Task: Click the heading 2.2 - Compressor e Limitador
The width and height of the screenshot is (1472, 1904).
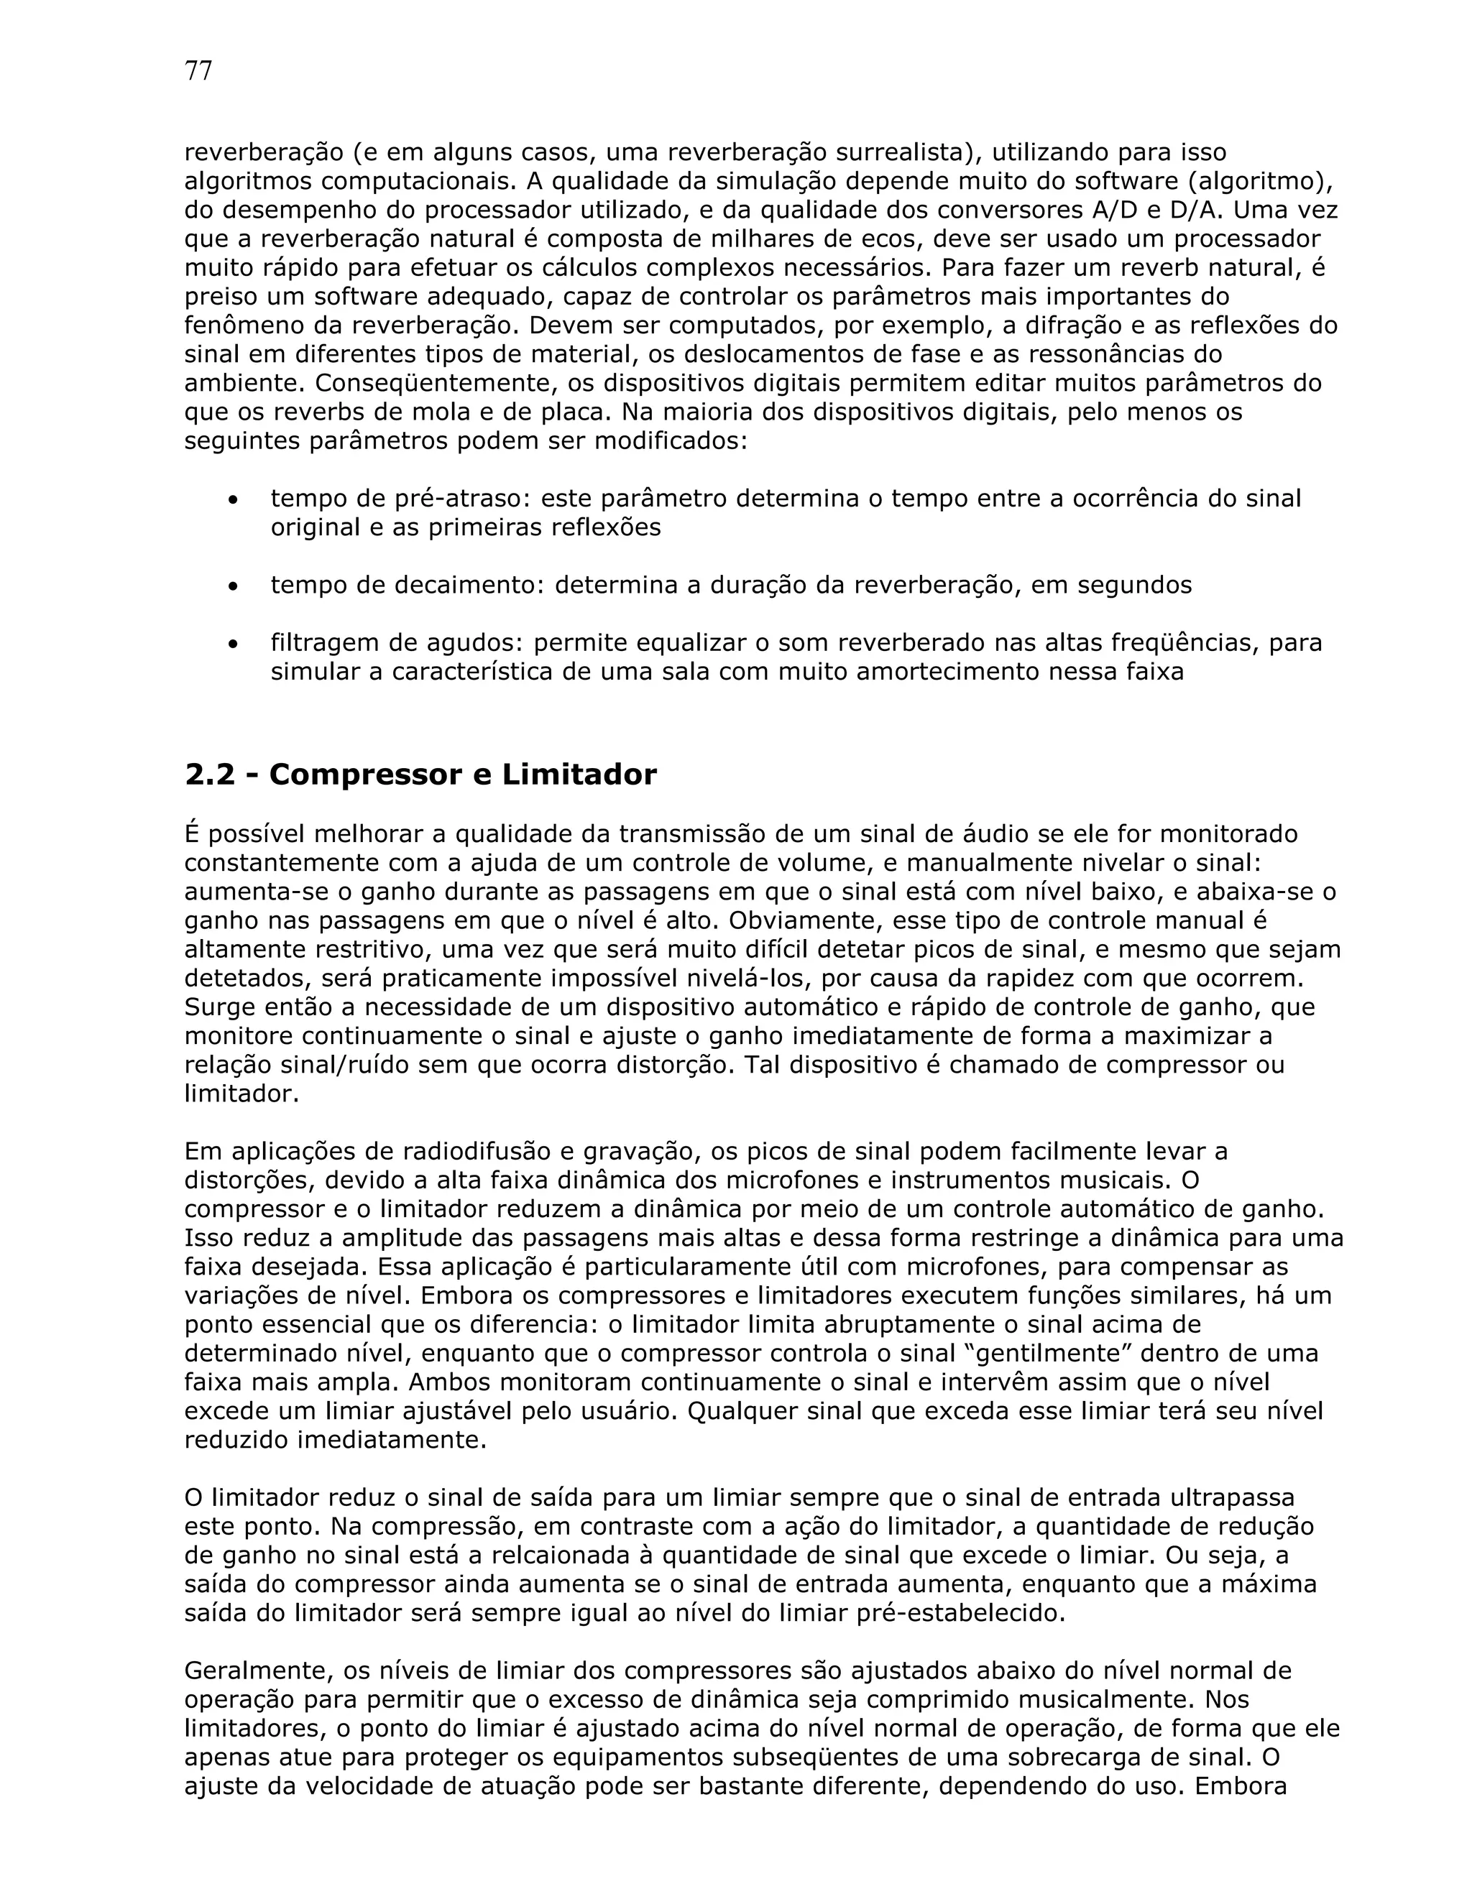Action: click(x=420, y=774)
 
